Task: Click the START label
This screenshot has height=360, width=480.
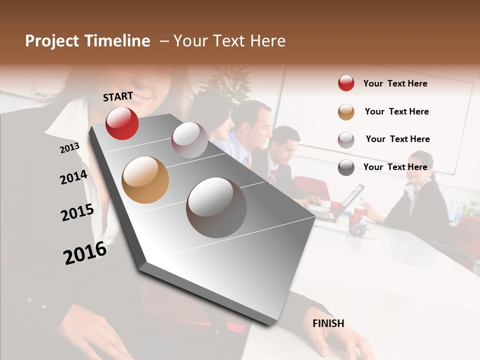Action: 118,96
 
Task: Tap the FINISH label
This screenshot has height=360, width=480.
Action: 328,323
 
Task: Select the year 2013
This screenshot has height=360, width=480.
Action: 69,148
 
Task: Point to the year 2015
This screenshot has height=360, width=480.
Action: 77,212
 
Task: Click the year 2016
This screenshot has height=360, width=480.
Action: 85,253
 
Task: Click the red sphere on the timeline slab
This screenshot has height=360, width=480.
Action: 122,123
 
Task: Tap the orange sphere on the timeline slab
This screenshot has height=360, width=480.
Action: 145,180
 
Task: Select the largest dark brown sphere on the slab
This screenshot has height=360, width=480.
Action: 216,207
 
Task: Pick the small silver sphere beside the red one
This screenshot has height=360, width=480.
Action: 189,140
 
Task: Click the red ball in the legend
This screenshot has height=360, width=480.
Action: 346,83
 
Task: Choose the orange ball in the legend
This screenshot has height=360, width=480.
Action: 346,111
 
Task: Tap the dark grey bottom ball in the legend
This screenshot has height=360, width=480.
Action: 346,167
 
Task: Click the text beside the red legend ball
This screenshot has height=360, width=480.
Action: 395,83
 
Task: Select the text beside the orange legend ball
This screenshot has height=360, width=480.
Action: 396,111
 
